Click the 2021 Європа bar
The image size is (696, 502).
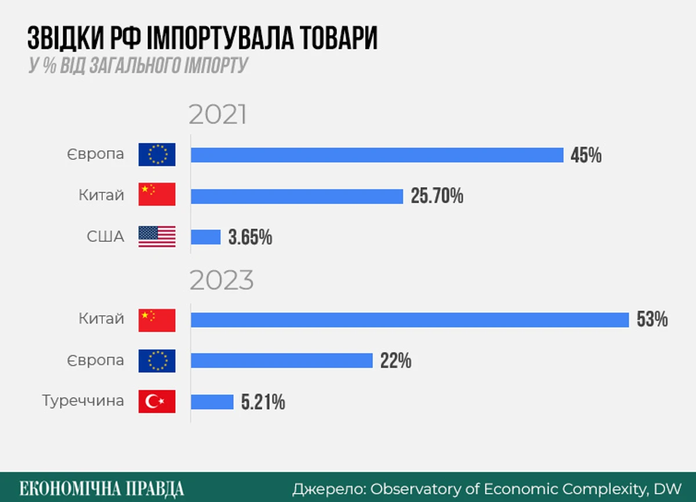[x=377, y=155]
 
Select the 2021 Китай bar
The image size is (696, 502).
[x=297, y=197]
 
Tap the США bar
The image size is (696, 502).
[x=206, y=237]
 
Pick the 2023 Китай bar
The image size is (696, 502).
[x=409, y=320]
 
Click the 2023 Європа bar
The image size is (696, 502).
[x=281, y=361]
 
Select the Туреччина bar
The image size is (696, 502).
[x=212, y=402]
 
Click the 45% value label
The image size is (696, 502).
[x=586, y=155]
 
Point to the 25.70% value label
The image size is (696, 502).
[x=437, y=197]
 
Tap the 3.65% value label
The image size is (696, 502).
[x=250, y=238]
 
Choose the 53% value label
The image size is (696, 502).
[x=652, y=320]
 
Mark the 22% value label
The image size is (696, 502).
[x=396, y=361]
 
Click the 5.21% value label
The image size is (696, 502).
[x=263, y=402]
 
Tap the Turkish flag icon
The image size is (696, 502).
[x=157, y=402]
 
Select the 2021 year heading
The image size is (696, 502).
[x=217, y=115]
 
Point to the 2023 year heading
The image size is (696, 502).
[x=222, y=281]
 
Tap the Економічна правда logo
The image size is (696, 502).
[x=101, y=488]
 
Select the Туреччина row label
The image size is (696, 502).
[x=83, y=401]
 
